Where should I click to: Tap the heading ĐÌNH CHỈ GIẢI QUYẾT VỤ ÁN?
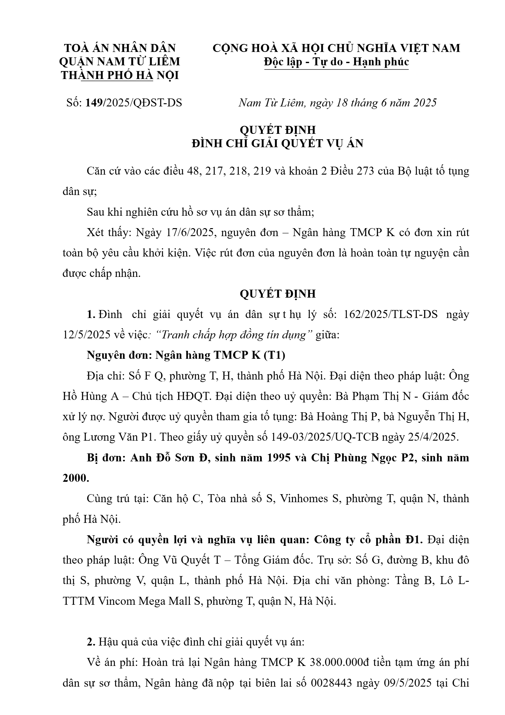point(277,144)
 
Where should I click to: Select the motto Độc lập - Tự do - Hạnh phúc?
point(336,62)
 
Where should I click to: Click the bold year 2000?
point(76,478)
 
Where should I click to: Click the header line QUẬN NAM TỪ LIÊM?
point(120,61)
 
